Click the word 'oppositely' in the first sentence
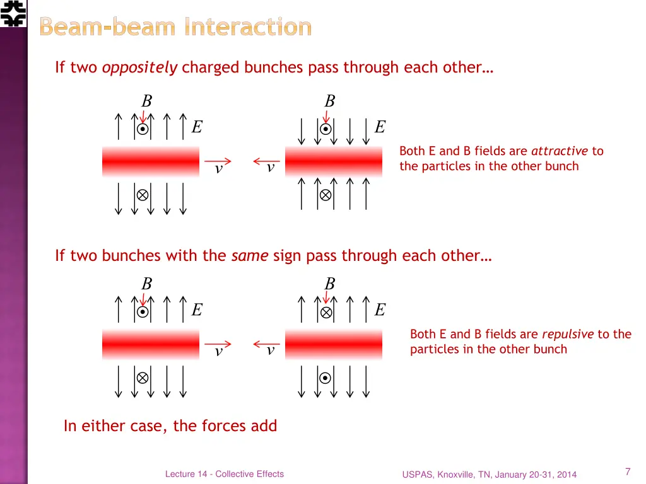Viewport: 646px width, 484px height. pyautogui.click(x=139, y=67)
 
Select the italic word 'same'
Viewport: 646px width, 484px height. pyautogui.click(x=250, y=255)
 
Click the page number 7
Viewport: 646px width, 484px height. pyautogui.click(x=628, y=471)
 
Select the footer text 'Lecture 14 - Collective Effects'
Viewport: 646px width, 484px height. pyautogui.click(x=224, y=474)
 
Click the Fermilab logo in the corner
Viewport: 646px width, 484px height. pyautogui.click(x=13, y=13)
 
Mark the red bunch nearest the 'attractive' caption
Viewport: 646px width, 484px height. pyautogui.click(x=334, y=161)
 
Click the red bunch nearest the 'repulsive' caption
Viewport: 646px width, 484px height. pyautogui.click(x=334, y=344)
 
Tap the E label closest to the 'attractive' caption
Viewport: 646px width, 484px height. pyautogui.click(x=380, y=127)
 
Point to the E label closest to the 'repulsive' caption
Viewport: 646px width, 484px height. pyautogui.click(x=380, y=310)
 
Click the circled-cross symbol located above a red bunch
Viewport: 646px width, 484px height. pyautogui.click(x=326, y=312)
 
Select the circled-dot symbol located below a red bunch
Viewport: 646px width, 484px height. pyautogui.click(x=326, y=378)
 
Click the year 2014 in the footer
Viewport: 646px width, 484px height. pyautogui.click(x=566, y=475)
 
